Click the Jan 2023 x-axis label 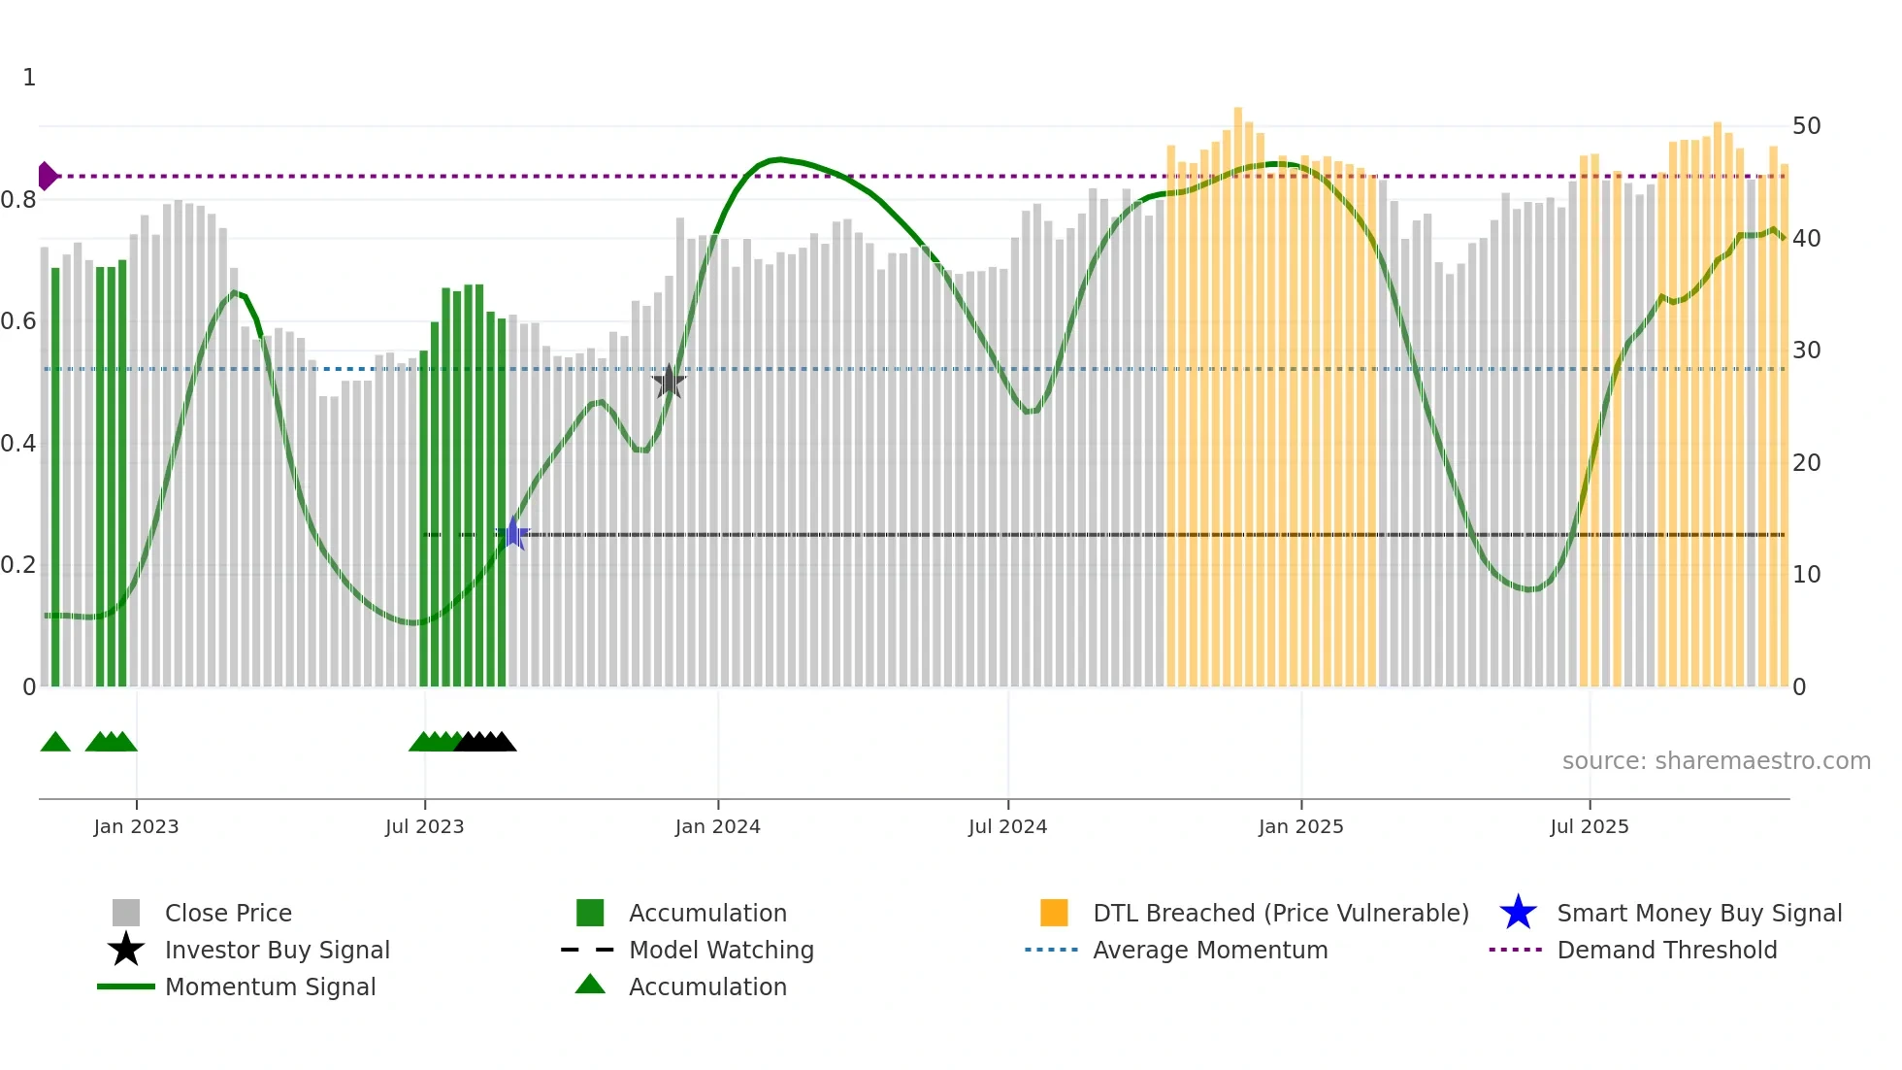tap(136, 827)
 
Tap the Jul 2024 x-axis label tap(1007, 827)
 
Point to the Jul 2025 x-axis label tap(1589, 827)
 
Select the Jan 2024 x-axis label tap(717, 827)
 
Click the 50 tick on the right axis tap(1806, 126)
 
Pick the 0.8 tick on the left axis tap(18, 200)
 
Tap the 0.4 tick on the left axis tap(18, 444)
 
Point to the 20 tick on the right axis tap(1806, 463)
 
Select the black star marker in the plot tap(669, 382)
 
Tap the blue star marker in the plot tap(513, 534)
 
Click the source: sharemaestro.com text tap(1716, 761)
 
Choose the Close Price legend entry tap(228, 914)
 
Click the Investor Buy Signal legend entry tap(277, 951)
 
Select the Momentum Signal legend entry tap(270, 987)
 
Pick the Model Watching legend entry tap(721, 951)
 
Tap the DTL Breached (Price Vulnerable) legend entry tap(1280, 914)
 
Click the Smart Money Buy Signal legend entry tap(1698, 914)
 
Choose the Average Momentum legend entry tap(1209, 951)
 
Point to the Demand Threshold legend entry tap(1666, 951)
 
